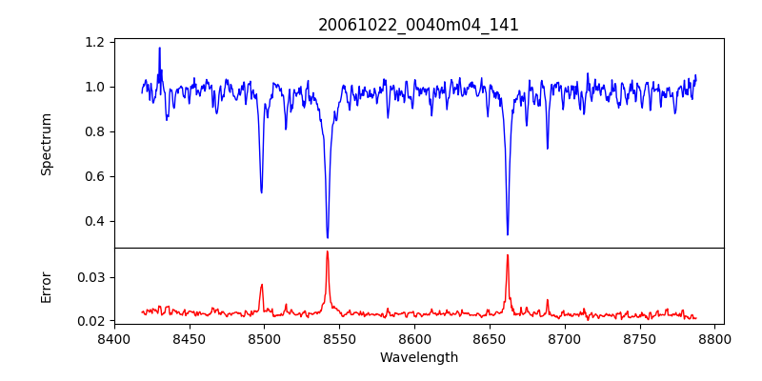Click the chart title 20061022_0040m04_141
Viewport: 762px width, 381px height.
pos(418,25)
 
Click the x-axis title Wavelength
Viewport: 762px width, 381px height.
pos(418,357)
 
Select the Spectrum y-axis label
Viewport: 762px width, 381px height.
pos(46,144)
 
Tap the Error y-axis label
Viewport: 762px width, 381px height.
pos(46,287)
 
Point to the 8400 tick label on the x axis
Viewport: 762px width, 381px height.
pos(114,338)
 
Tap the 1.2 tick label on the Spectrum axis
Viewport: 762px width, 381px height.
pos(95,42)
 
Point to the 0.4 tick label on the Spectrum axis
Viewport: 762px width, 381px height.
pos(95,221)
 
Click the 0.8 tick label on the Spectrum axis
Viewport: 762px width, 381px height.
pos(95,131)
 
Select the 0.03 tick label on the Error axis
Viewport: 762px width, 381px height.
pos(91,277)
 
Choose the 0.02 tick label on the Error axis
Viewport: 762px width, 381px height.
pos(91,321)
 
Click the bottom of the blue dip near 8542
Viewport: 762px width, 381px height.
pos(328,237)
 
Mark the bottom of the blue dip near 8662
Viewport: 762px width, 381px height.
pos(508,234)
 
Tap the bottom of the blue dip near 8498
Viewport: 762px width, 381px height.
pos(262,192)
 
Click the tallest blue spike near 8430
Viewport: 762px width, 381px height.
pos(159,48)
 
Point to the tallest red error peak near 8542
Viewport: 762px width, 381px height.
pos(327,251)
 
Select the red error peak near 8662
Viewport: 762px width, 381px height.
pos(508,255)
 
